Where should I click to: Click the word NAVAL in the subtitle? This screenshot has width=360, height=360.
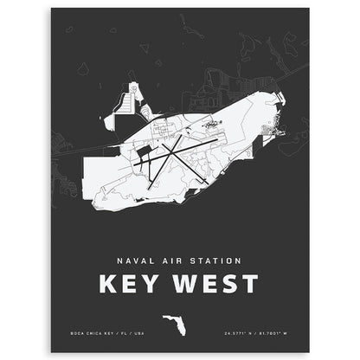[132, 259]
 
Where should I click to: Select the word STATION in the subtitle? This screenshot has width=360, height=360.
[217, 259]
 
